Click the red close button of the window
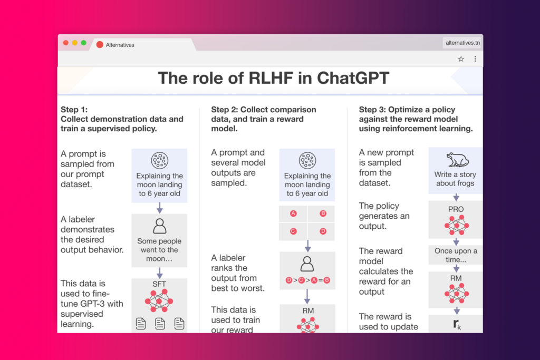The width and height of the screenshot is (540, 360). click(x=66, y=43)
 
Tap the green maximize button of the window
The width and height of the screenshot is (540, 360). click(x=84, y=43)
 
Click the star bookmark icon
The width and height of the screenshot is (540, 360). click(x=461, y=59)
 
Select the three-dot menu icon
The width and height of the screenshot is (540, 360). click(x=475, y=59)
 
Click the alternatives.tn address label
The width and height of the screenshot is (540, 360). click(x=462, y=43)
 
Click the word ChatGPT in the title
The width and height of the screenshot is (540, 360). click(x=353, y=78)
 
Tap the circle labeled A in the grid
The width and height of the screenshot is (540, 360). click(x=293, y=213)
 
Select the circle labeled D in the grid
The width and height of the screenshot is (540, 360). click(x=323, y=231)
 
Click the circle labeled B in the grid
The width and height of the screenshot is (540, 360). click(x=323, y=213)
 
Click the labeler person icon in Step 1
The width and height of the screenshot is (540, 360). click(x=159, y=226)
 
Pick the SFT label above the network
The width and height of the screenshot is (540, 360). click(x=159, y=284)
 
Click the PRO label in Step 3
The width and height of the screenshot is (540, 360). click(x=456, y=209)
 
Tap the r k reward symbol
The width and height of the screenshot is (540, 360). click(x=457, y=324)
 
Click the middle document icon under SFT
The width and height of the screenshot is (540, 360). click(x=160, y=324)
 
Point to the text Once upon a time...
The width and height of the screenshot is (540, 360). click(x=456, y=255)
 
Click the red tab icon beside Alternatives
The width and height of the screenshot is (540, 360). click(x=100, y=45)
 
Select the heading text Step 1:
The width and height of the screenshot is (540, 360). click(x=74, y=110)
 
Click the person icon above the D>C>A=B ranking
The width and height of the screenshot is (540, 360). click(x=307, y=264)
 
